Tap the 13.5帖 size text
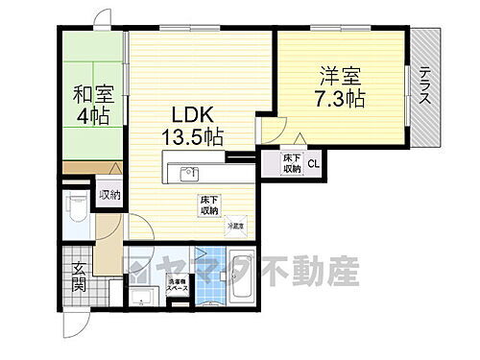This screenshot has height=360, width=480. [190, 136]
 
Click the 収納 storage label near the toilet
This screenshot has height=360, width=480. [109, 196]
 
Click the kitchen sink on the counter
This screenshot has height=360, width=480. [190, 174]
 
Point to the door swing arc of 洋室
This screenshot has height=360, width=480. [276, 132]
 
